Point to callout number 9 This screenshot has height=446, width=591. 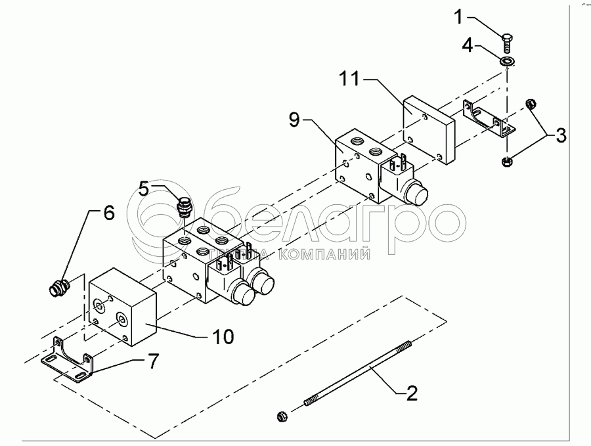(x=294, y=120)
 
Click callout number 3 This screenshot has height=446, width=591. (x=560, y=137)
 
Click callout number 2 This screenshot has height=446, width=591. (x=410, y=393)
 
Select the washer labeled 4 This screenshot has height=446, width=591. (x=507, y=62)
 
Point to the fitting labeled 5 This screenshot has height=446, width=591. (x=184, y=209)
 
